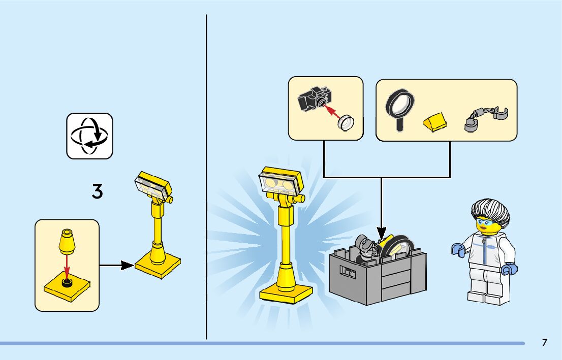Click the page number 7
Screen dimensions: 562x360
point(544,343)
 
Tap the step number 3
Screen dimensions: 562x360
point(97,191)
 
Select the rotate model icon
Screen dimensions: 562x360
point(89,136)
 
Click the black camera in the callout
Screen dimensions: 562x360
point(314,98)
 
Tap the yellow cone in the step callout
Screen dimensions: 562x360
point(66,241)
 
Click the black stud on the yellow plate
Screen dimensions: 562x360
point(66,283)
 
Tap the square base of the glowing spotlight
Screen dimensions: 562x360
point(286,293)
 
